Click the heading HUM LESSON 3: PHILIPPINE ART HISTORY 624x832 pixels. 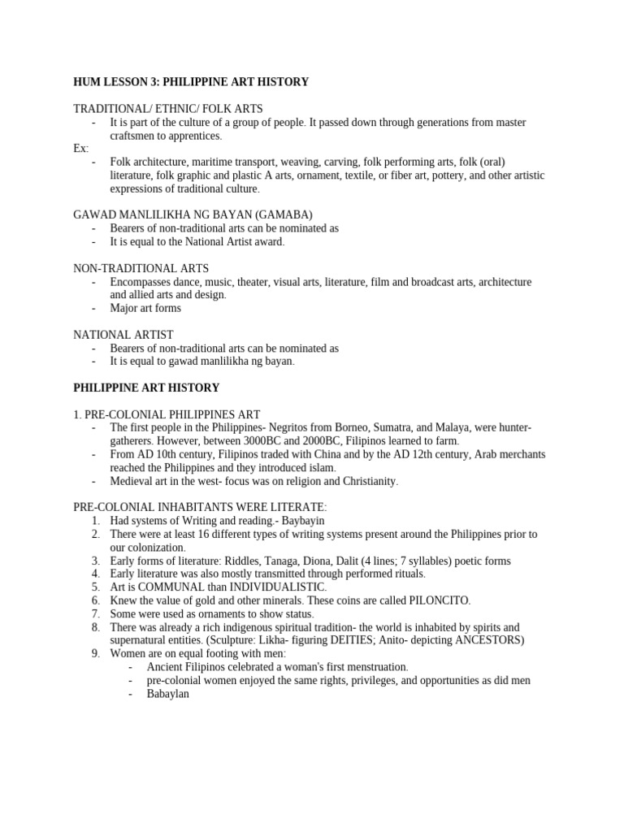[191, 82]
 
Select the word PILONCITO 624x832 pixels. [440, 600]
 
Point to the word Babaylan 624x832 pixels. [168, 693]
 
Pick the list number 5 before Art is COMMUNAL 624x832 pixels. [95, 587]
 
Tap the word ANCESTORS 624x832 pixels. [487, 640]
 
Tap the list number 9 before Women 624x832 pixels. [95, 653]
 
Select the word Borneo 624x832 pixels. [348, 427]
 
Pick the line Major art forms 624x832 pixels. [145, 308]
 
